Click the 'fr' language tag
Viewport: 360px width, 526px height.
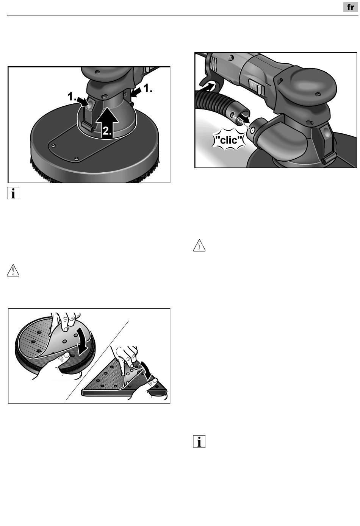(x=351, y=7)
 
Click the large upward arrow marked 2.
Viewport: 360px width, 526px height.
(x=107, y=122)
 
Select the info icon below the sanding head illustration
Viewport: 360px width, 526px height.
(x=13, y=193)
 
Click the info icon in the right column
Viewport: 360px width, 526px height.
(x=199, y=441)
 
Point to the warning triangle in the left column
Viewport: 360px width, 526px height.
(x=13, y=270)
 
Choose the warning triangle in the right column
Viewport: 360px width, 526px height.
(x=199, y=246)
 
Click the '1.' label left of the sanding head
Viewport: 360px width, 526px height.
(x=72, y=97)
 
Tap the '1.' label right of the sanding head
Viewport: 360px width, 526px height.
(x=147, y=89)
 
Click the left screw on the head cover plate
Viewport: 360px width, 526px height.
(x=54, y=145)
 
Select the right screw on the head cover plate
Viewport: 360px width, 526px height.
(x=76, y=159)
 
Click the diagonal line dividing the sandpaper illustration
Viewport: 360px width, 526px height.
(x=97, y=360)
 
